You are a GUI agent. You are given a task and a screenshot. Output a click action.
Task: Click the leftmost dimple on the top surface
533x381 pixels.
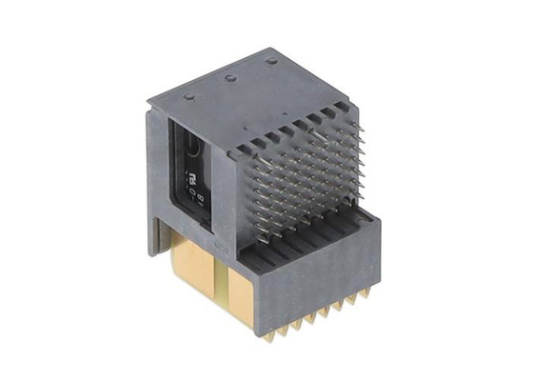click(x=188, y=96)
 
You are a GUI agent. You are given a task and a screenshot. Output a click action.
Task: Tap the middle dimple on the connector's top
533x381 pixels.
click(x=229, y=78)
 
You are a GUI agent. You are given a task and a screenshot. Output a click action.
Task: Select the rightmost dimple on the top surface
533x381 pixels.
click(x=271, y=61)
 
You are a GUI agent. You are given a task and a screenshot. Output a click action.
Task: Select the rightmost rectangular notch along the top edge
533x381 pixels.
click(x=337, y=111)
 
